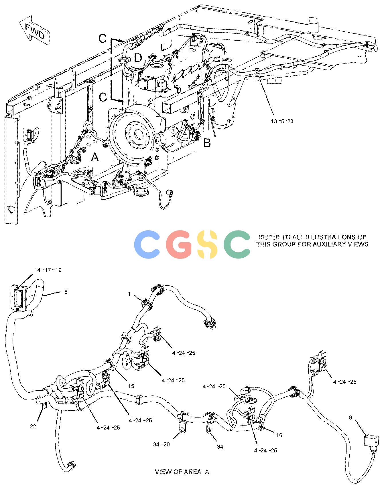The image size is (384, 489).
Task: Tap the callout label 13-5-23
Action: pyautogui.click(x=282, y=121)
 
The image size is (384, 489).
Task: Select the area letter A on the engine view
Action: pyautogui.click(x=95, y=157)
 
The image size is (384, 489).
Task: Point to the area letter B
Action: pyautogui.click(x=207, y=143)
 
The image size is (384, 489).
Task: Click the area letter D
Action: pyautogui.click(x=138, y=58)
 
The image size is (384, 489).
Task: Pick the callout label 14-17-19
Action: pyautogui.click(x=48, y=270)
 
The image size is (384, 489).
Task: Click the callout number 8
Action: pyautogui.click(x=66, y=292)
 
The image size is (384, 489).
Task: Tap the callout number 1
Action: pyautogui.click(x=129, y=294)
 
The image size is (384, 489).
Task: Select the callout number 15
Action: pyautogui.click(x=131, y=386)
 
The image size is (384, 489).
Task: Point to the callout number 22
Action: pyautogui.click(x=33, y=426)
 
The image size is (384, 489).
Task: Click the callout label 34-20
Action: pyautogui.click(x=161, y=444)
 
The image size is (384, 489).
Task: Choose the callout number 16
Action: pyautogui.click(x=279, y=435)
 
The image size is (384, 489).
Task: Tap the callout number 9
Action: pyautogui.click(x=351, y=418)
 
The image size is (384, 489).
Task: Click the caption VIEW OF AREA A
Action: pyautogui.click(x=182, y=472)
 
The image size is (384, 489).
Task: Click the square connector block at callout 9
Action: pyautogui.click(x=371, y=440)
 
